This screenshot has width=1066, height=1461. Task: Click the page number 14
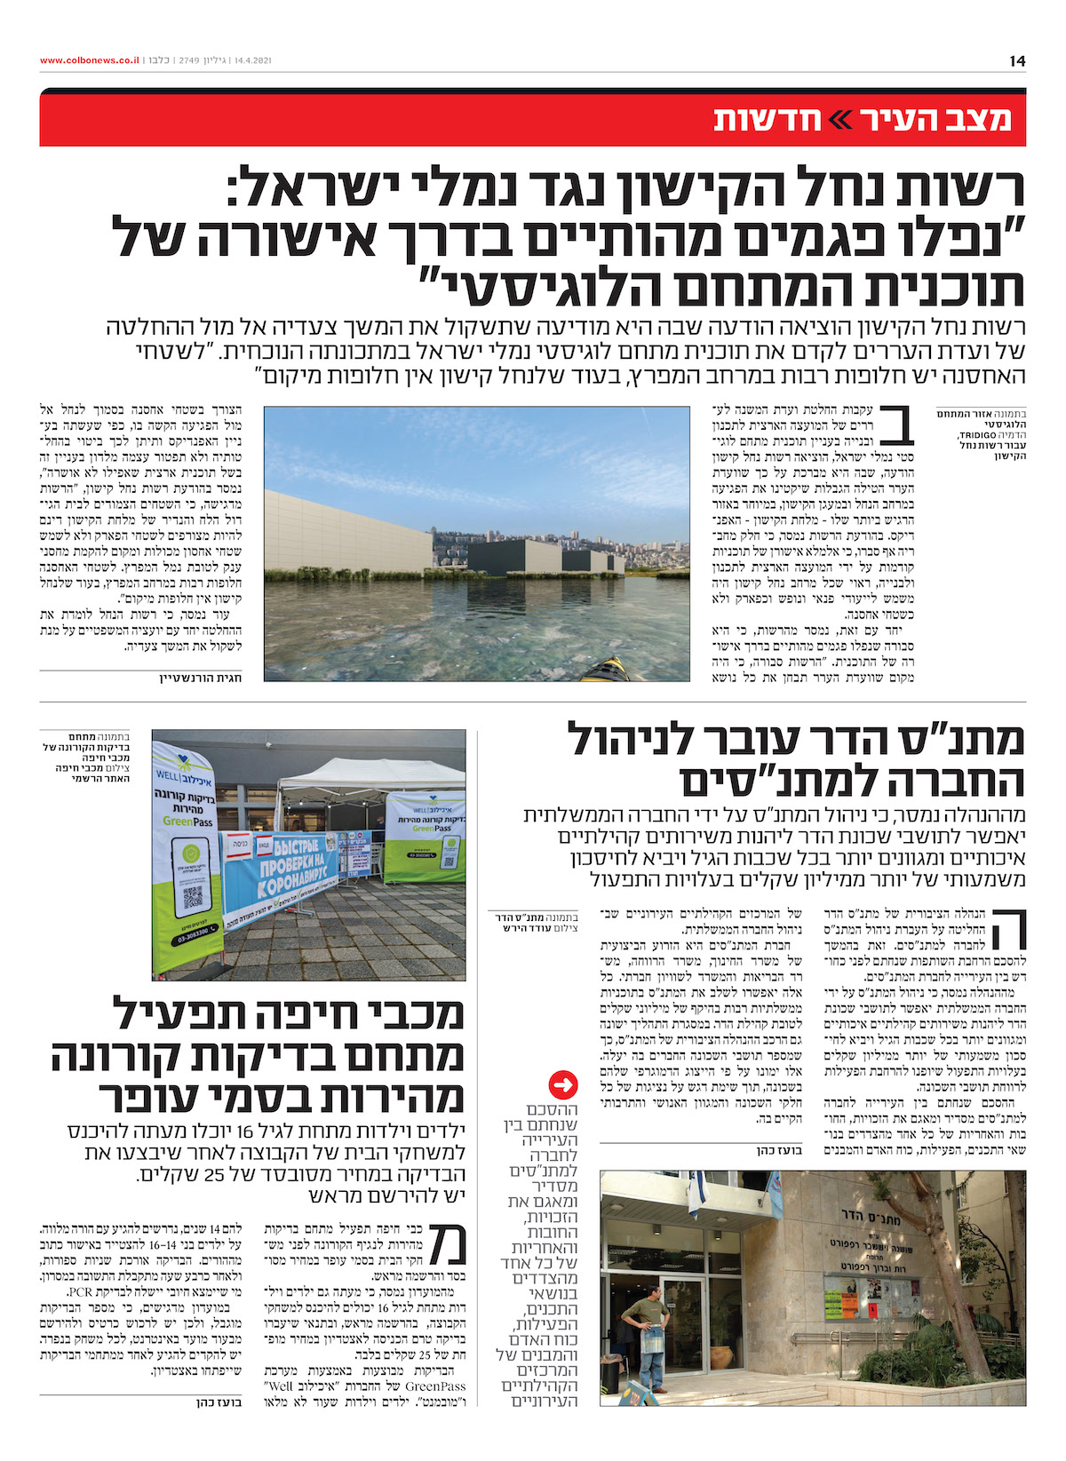pos(1017,60)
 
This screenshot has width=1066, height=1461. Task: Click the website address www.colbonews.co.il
pos(89,60)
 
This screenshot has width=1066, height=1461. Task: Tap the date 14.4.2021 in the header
pos(252,60)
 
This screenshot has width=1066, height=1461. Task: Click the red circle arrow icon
pos(564,1084)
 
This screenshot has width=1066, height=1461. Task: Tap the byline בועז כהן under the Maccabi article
pos(219,1403)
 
